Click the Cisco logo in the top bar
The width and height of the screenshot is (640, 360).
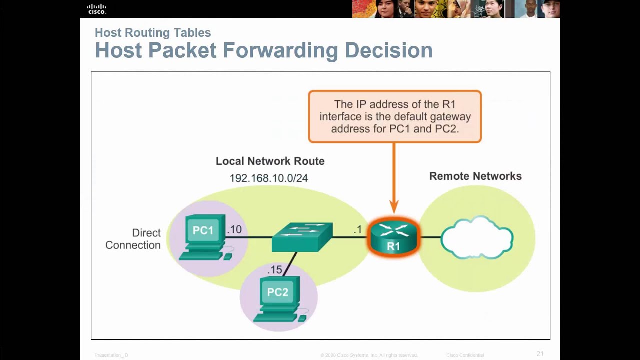96,9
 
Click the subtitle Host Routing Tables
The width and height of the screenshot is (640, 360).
153,33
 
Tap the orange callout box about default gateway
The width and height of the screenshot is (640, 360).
395,117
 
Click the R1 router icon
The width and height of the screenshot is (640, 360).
394,237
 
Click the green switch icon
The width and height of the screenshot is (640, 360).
302,236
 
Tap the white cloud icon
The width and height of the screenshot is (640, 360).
477,238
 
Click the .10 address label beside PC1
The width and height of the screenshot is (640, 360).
234,229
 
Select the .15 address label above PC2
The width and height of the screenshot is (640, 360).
274,270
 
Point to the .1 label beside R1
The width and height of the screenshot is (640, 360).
357,229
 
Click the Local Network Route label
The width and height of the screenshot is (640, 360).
270,161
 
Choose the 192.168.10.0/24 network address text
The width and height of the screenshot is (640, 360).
268,178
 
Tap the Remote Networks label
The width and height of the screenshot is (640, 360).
475,176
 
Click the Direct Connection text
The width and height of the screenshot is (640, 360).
133,239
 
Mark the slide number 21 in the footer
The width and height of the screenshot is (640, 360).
540,354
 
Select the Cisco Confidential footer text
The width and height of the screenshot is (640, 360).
465,355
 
